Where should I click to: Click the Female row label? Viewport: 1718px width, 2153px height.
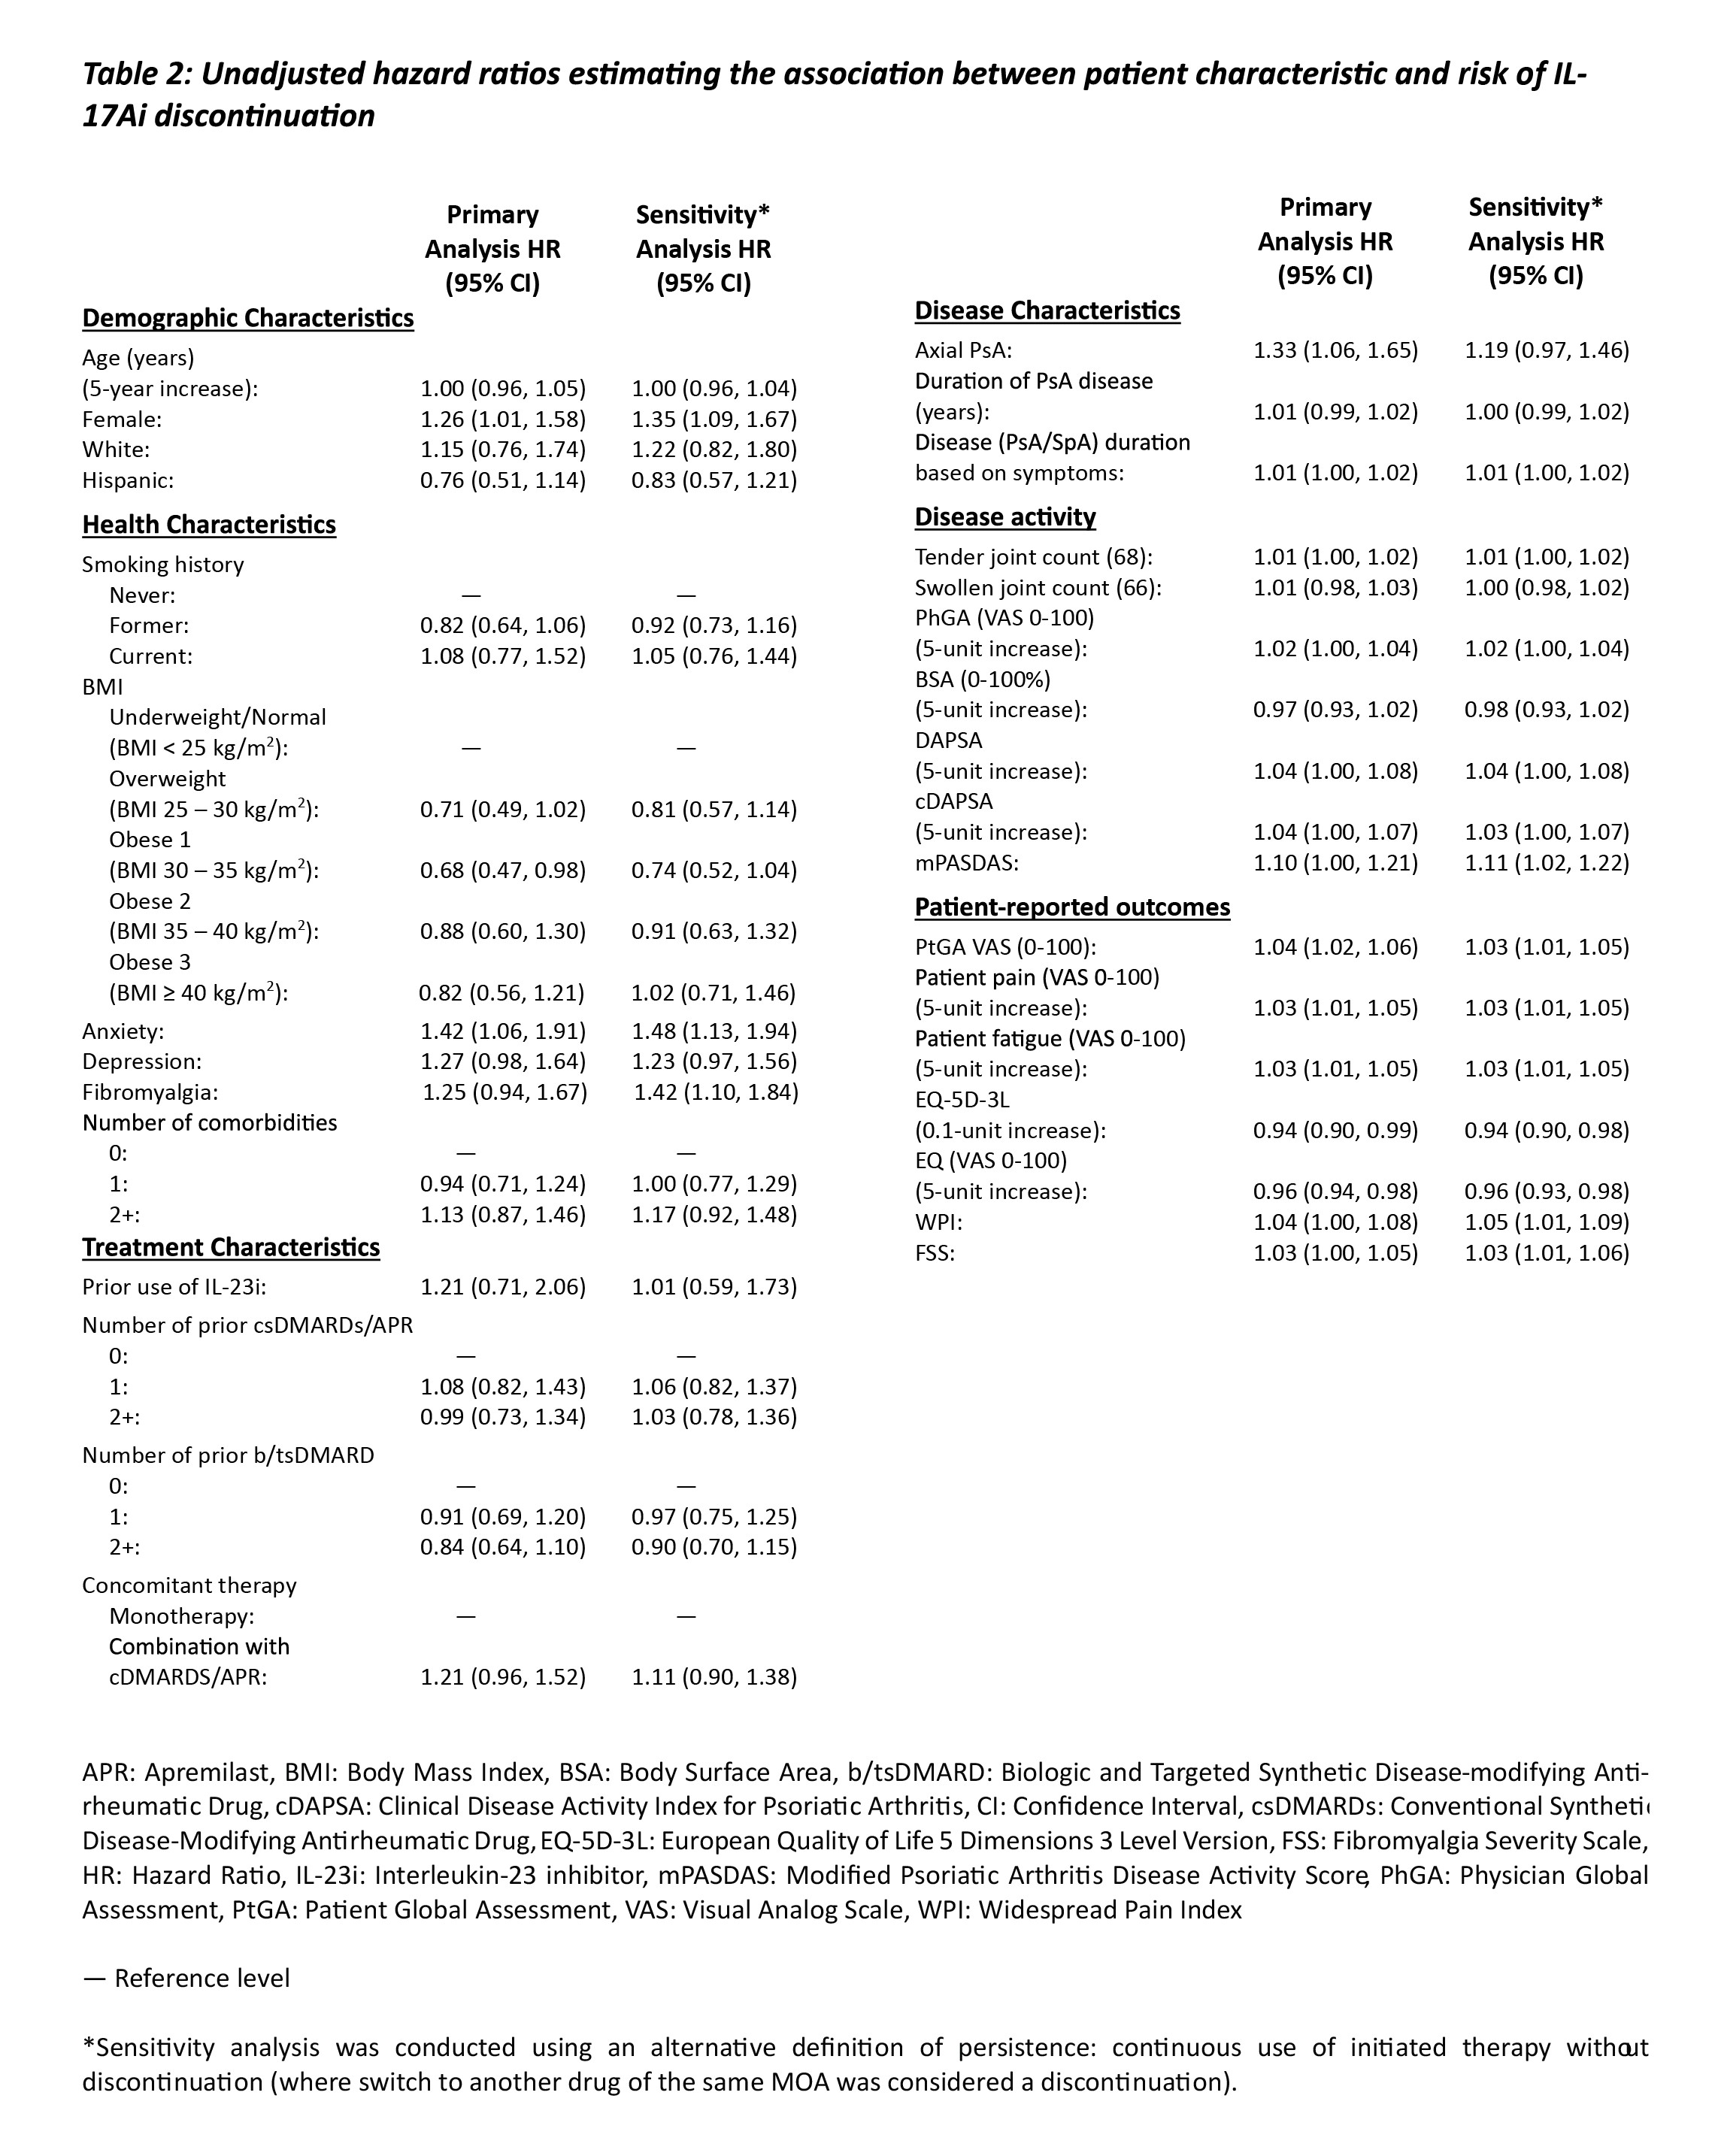[x=122, y=419]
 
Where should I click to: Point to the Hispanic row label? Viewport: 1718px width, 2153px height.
[x=128, y=480]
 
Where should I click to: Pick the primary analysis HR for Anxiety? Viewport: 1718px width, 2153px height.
[x=502, y=1031]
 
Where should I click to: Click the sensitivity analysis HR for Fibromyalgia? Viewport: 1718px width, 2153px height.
[x=715, y=1092]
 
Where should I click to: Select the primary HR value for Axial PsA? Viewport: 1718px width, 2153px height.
[x=1335, y=350]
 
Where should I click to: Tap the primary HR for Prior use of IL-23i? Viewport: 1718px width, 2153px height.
[x=502, y=1286]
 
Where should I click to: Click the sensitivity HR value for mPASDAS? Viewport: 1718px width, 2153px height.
[x=1546, y=863]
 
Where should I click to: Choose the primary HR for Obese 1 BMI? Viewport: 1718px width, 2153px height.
[x=502, y=871]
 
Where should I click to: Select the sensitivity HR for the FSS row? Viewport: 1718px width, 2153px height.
[x=1546, y=1253]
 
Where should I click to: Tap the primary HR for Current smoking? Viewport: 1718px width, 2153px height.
[x=502, y=656]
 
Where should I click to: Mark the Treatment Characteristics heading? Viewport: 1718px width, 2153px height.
[x=231, y=1247]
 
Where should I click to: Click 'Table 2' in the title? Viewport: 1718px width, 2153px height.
[x=134, y=75]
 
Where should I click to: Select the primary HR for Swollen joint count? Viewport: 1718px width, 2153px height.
[x=1335, y=587]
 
